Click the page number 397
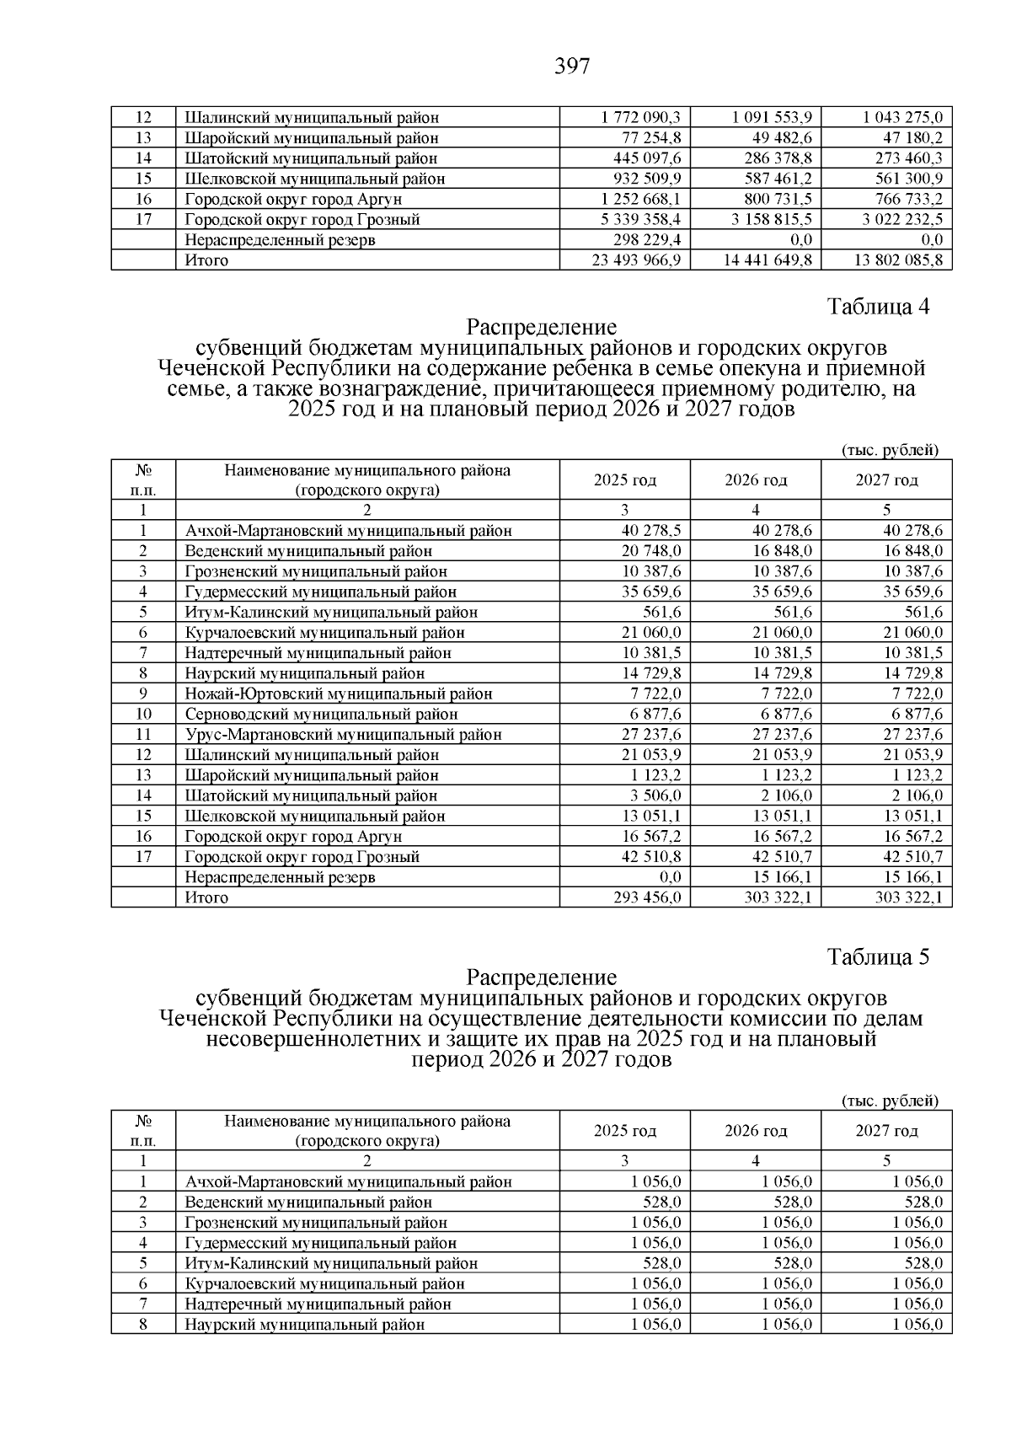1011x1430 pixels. pyautogui.click(x=572, y=66)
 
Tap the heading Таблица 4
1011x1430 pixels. pyautogui.click(x=878, y=307)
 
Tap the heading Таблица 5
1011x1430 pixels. pyautogui.click(x=878, y=957)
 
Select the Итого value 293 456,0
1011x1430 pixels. pyautogui.click(x=647, y=897)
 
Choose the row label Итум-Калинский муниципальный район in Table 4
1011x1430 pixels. pyautogui.click(x=331, y=613)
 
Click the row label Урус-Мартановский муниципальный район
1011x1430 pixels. pyautogui.click(x=343, y=735)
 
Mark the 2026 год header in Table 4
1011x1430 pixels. pyautogui.click(x=756, y=480)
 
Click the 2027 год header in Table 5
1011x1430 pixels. pyautogui.click(x=886, y=1131)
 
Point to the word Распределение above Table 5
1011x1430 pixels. pyautogui.click(x=541, y=977)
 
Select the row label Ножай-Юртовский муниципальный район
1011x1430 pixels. pyautogui.click(x=339, y=694)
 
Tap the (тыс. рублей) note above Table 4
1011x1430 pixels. pyautogui.click(x=890, y=450)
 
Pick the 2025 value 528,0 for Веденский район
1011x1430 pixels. pyautogui.click(x=663, y=1202)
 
